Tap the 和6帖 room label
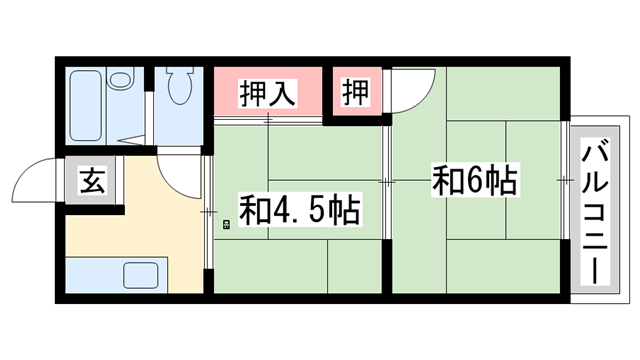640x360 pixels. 474,181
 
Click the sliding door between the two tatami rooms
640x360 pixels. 388,182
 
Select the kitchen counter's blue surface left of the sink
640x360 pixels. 90,273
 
